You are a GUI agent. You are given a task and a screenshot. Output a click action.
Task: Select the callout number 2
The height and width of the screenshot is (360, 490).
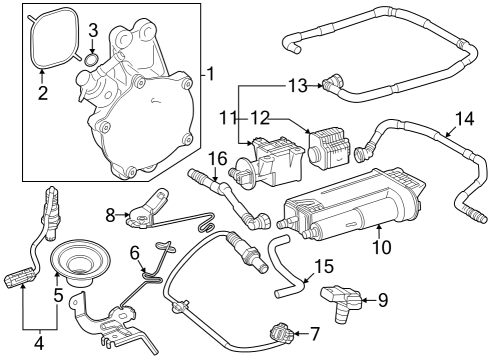[x=42, y=94]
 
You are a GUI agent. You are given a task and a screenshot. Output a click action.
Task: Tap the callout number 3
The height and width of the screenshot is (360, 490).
[x=92, y=30]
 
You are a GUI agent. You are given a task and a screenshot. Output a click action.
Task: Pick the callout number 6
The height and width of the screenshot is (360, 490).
[x=134, y=255]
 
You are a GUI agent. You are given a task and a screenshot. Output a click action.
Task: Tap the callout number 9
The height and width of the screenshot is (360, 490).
[x=381, y=298]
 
